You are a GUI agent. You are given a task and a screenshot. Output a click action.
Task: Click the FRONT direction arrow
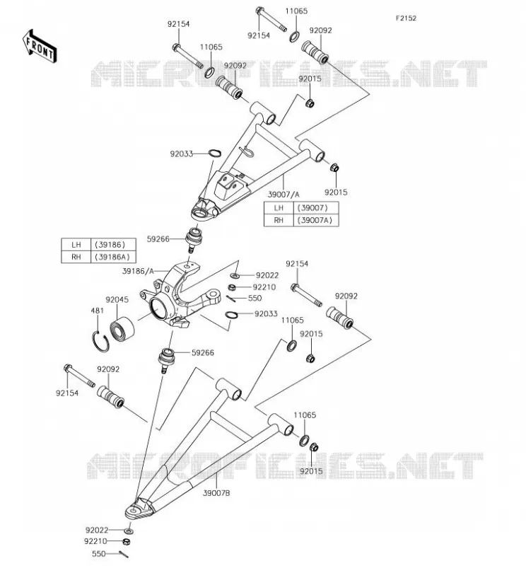[x=40, y=47]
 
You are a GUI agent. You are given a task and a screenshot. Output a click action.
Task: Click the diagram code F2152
[x=406, y=18]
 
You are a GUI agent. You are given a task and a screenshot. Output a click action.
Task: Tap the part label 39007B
[x=216, y=492]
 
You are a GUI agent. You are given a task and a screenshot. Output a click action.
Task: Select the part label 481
[x=97, y=311]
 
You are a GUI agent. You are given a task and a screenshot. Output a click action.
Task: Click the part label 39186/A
[x=138, y=271]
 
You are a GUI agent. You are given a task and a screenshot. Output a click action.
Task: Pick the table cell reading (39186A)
[x=113, y=257]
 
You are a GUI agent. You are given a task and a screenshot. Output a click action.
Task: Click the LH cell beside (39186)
[x=76, y=245]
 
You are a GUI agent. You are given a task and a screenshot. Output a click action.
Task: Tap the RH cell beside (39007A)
[x=279, y=220]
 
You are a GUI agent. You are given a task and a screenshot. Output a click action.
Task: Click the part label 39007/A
[x=284, y=195]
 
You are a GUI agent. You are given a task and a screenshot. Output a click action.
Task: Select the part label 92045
[x=117, y=299]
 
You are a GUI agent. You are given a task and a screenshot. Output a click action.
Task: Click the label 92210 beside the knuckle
[x=264, y=287]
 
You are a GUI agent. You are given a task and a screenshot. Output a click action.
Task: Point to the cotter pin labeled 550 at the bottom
[x=124, y=555]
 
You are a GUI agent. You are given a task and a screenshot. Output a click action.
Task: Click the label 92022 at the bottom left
[x=97, y=530]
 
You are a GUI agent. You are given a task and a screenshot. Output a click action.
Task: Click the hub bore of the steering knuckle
[x=158, y=308]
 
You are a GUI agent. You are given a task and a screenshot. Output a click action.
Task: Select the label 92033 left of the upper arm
[x=182, y=154]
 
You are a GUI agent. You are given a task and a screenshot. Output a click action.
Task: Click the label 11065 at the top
[x=296, y=11]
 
